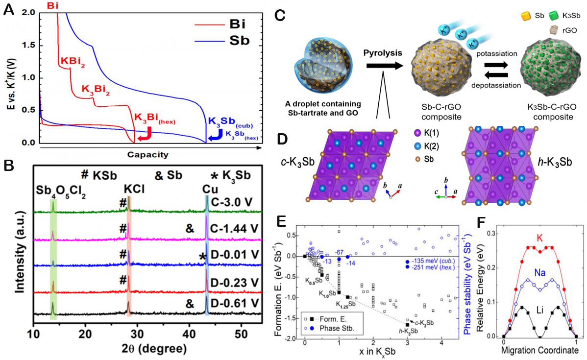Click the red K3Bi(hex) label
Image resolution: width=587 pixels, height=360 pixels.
coord(155,119)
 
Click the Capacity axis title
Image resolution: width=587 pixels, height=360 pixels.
coord(147,155)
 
